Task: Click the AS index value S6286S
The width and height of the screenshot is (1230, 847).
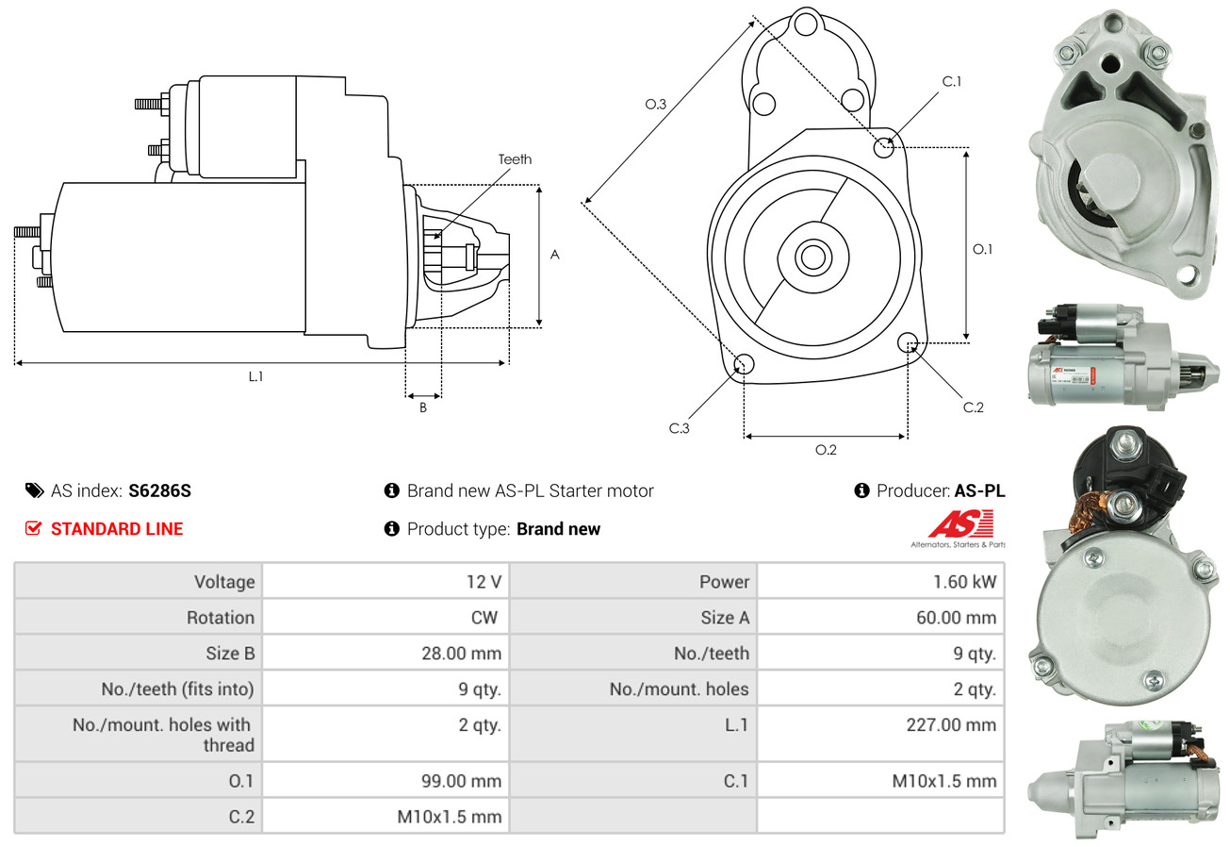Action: [160, 490]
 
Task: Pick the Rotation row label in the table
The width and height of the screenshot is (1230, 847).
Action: [220, 618]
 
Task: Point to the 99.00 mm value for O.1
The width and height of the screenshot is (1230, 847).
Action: [461, 781]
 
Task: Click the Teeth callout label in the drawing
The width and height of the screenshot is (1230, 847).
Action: [515, 159]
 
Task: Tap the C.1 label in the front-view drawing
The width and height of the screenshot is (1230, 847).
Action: [952, 81]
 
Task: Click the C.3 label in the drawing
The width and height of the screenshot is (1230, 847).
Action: [680, 428]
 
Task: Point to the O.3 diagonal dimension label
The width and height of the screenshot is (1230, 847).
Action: [656, 105]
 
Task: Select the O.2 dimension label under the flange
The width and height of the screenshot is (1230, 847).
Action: [826, 450]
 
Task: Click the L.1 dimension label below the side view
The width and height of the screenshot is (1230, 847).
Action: [255, 376]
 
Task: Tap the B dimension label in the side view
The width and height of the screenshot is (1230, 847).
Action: [423, 407]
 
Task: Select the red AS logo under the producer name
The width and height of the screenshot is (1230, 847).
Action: [959, 524]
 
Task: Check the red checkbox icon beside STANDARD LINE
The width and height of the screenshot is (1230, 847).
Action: [33, 529]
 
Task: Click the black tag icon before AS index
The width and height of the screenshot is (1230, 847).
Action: [34, 490]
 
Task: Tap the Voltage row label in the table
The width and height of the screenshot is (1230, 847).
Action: [224, 582]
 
